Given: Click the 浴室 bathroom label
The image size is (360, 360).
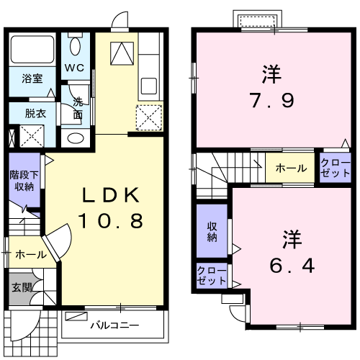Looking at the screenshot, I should (31, 77).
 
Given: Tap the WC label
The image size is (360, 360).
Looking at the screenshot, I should (74, 68).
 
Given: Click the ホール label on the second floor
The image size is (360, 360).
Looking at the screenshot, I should (290, 168).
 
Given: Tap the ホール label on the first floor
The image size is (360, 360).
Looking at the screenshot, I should (30, 255).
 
